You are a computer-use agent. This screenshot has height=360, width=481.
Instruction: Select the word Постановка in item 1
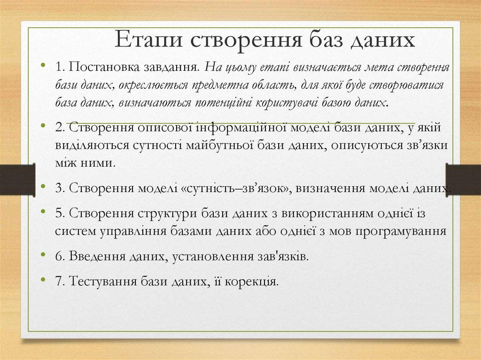pos(98,67)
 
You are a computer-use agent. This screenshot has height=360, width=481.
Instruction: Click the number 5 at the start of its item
pos(59,214)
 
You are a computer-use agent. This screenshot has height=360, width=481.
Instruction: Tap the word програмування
pos(401,231)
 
